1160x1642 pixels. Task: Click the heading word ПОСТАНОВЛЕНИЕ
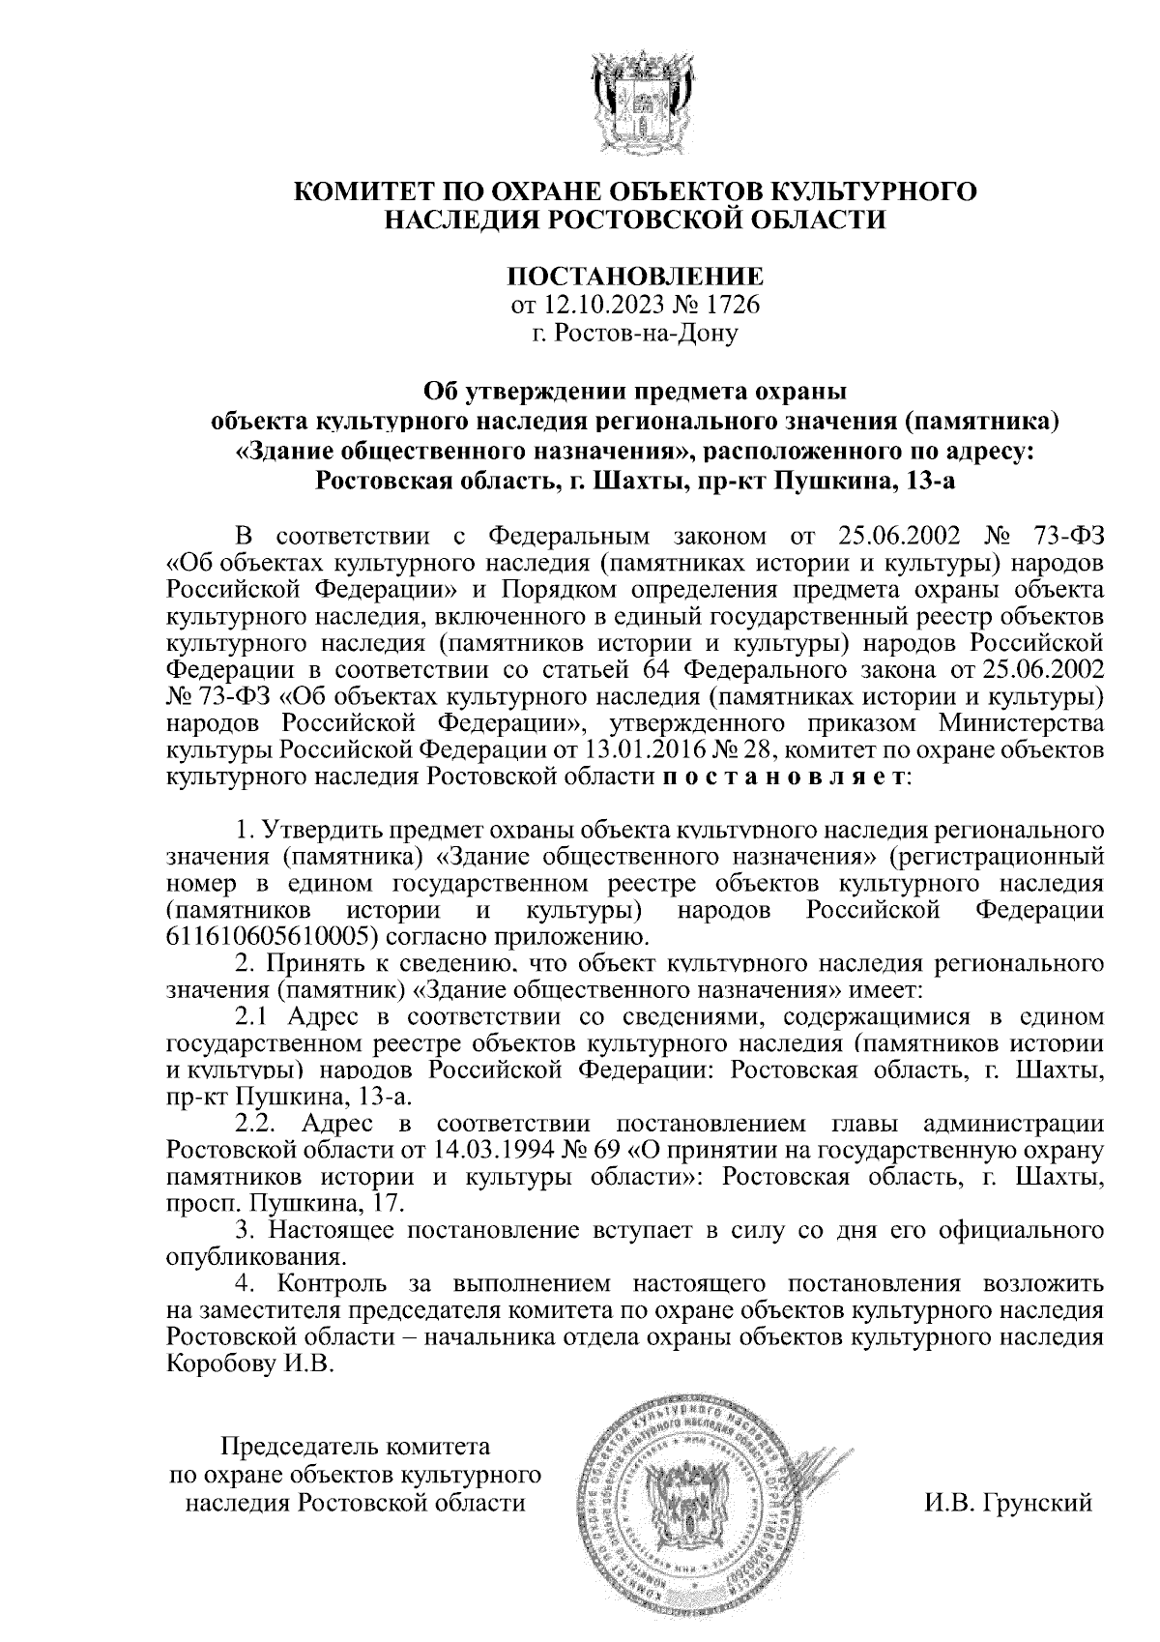[635, 277]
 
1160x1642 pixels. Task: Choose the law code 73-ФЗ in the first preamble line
[1065, 535]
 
